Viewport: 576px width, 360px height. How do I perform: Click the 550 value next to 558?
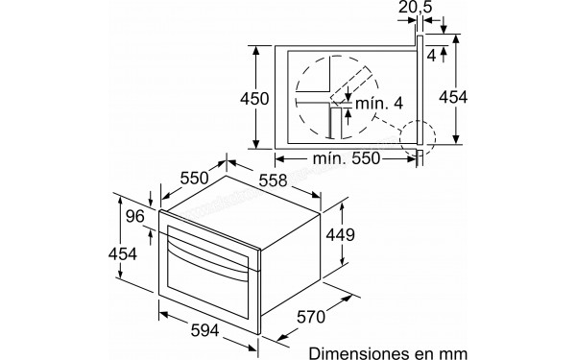tap(196, 178)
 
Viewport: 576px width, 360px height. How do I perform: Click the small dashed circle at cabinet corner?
tap(418, 136)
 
